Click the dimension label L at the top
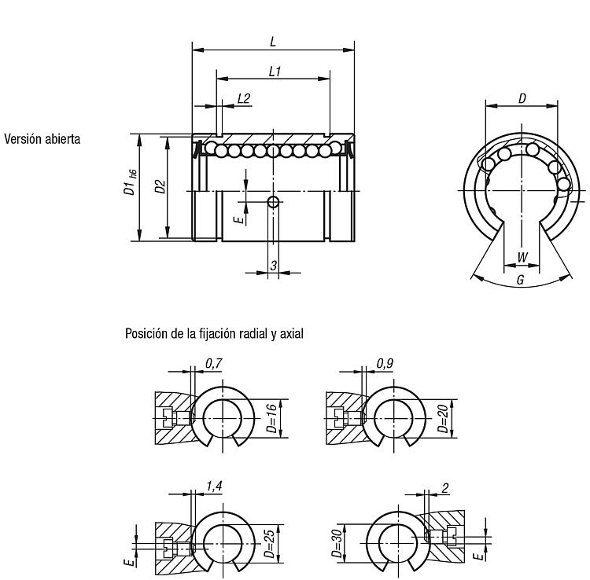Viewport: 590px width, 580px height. click(273, 42)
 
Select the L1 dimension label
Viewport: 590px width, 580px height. click(275, 71)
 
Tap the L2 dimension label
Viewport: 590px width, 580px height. click(244, 98)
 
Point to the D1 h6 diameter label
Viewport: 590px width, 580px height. click(130, 182)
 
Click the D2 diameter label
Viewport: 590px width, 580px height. click(160, 187)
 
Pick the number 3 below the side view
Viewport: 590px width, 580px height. click(274, 266)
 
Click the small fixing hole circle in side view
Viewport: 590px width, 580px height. click(273, 202)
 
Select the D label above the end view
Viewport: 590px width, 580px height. click(522, 98)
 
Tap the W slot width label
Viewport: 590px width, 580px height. click(522, 258)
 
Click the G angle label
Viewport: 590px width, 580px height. click(521, 280)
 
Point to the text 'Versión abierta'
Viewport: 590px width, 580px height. click(42, 139)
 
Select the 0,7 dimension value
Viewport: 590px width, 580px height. click(214, 364)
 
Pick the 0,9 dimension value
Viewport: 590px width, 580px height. click(385, 364)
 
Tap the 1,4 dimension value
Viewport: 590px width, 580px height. click(214, 486)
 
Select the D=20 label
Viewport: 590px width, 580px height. click(442, 418)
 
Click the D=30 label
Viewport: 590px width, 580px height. click(337, 543)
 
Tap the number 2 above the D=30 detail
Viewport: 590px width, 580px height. click(445, 488)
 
